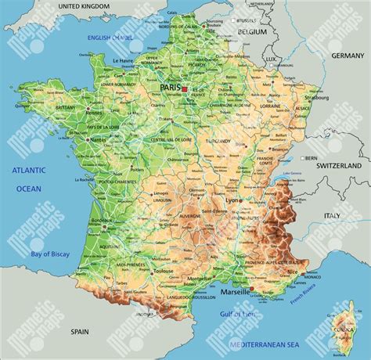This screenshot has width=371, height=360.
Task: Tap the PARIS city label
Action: [171, 89]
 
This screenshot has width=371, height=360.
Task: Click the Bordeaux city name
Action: [102, 220]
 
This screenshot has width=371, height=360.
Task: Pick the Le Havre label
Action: [124, 60]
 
